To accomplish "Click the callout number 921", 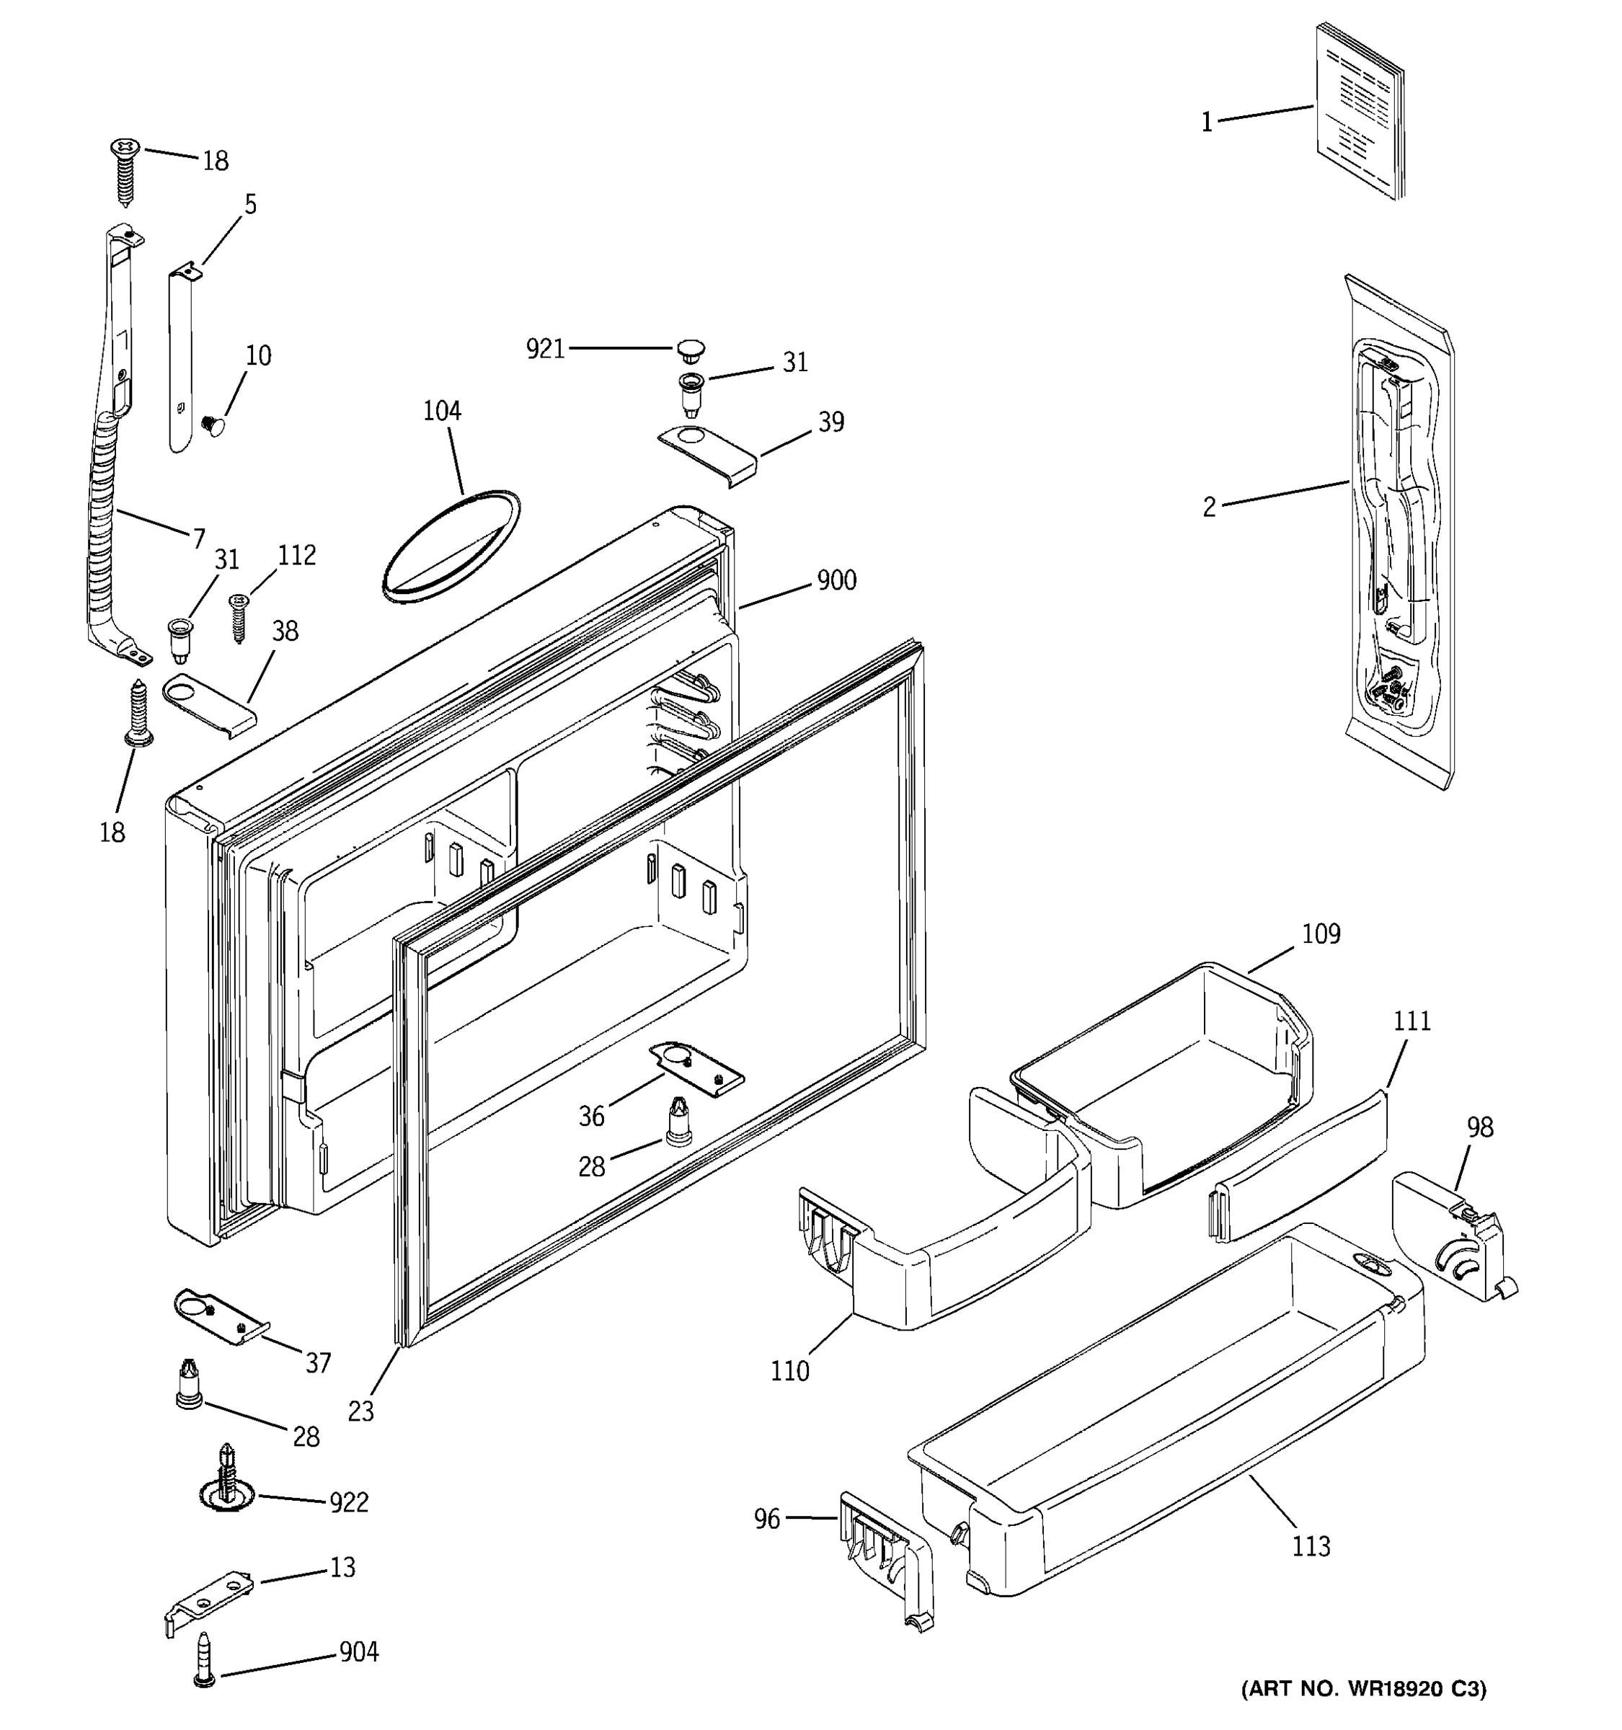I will [545, 349].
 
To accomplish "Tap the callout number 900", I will [836, 580].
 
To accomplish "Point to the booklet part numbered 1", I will [1359, 112].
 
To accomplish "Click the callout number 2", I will [1209, 507].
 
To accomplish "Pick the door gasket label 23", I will [360, 1411].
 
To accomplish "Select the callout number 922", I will [348, 1502].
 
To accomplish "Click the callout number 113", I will [1311, 1546].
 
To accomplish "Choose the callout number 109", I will [1321, 933].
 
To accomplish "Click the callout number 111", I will [1412, 1021].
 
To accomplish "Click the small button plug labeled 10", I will [211, 424].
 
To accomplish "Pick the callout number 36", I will [592, 1117].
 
